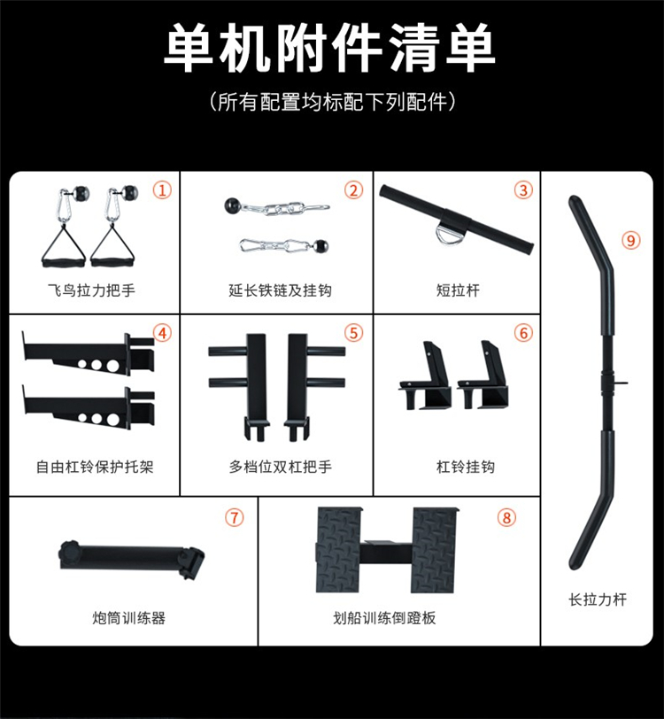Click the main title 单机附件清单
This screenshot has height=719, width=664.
(x=329, y=49)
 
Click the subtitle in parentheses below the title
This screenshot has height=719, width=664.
(x=332, y=101)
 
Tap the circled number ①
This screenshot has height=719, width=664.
(x=162, y=189)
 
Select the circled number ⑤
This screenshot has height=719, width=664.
(x=353, y=333)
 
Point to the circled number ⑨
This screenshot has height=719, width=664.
(x=631, y=240)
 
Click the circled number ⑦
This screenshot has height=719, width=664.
(x=235, y=518)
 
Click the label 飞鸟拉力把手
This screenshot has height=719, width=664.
(x=91, y=290)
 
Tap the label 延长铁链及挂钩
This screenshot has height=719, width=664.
(x=280, y=290)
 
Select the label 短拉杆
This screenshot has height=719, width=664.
(x=458, y=290)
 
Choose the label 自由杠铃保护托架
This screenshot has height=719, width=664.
(x=95, y=467)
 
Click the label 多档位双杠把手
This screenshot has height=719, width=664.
(x=280, y=467)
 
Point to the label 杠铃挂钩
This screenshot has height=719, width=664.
(x=465, y=467)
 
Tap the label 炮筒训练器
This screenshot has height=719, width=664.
(x=128, y=618)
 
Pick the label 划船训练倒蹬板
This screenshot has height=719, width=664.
(x=384, y=618)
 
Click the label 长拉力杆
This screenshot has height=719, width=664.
(x=597, y=599)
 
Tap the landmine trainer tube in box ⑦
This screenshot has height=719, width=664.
(x=132, y=559)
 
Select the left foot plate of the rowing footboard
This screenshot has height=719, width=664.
(x=338, y=549)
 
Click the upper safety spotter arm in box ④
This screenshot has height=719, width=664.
(x=88, y=355)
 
